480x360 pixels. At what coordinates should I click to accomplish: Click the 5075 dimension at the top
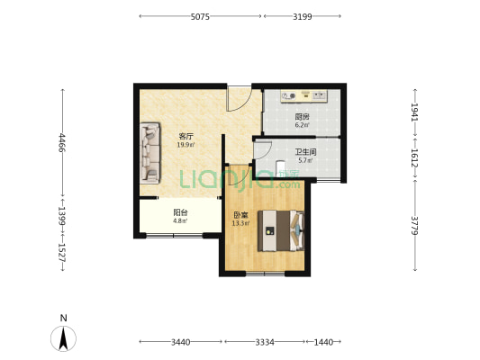(x=200, y=16)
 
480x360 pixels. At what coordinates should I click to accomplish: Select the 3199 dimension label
(x=303, y=16)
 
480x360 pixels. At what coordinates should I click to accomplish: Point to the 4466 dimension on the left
(x=62, y=143)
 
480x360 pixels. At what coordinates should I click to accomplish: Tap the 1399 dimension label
(x=62, y=216)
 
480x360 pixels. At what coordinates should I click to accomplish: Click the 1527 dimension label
(x=62, y=252)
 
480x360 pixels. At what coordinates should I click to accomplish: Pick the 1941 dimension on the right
(x=415, y=112)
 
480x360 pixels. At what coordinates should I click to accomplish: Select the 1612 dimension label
(x=415, y=157)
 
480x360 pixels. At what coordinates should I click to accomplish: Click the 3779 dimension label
(x=415, y=226)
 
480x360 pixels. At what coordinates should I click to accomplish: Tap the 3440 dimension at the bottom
(x=181, y=342)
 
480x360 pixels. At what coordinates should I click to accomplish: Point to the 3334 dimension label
(x=265, y=342)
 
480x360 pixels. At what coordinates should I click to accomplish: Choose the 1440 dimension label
(x=323, y=342)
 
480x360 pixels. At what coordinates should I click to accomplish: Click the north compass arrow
(x=63, y=338)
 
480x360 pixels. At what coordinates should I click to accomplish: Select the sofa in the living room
(x=150, y=153)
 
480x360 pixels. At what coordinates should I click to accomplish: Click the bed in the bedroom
(x=281, y=230)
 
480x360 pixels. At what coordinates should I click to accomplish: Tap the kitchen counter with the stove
(x=304, y=96)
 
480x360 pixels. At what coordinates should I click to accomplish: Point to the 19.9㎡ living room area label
(x=186, y=145)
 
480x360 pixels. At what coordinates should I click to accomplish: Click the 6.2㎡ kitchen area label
(x=303, y=125)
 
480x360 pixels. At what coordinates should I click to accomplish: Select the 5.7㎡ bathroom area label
(x=305, y=160)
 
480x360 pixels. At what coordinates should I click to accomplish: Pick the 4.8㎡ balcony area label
(x=180, y=220)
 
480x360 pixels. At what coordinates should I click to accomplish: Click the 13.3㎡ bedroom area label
(x=240, y=223)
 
